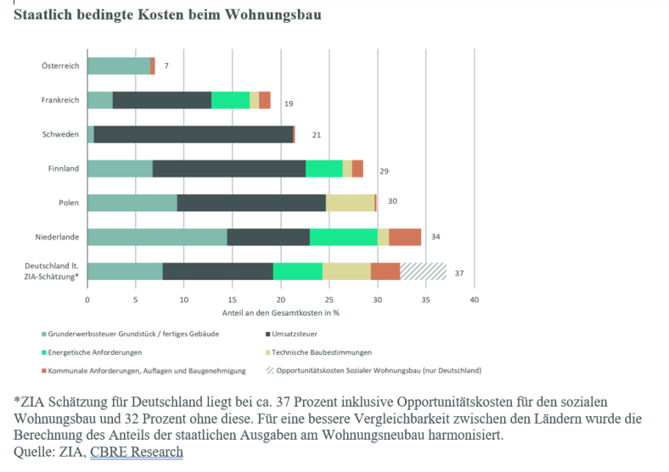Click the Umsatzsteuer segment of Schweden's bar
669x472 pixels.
point(194,134)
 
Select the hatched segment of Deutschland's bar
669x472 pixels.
point(423,271)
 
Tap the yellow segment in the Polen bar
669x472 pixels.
point(350,203)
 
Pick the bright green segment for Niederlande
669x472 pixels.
point(343,237)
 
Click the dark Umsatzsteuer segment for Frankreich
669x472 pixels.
point(161,100)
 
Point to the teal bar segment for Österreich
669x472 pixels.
point(118,65)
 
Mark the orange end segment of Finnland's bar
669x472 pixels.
point(357,168)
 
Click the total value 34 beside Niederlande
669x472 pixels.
point(436,237)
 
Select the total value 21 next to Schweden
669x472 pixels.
point(317,135)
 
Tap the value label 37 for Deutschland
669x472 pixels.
point(459,273)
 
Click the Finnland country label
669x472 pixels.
point(64,168)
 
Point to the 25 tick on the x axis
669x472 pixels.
point(329,301)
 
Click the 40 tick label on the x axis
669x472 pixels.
point(475,301)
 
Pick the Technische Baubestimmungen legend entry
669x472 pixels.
point(327,351)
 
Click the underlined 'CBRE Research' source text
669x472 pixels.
point(136,452)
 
